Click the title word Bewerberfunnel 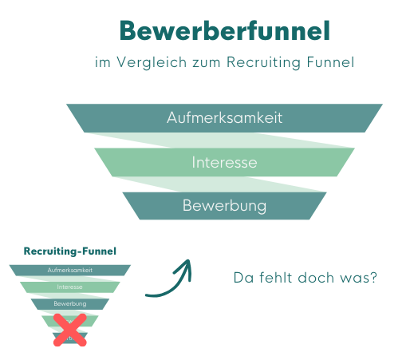click(223, 31)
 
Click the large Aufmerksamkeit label click(224, 118)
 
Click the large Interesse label click(224, 163)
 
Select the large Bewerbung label click(224, 206)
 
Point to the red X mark click(70, 328)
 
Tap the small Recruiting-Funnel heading click(70, 251)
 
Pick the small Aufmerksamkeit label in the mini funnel click(70, 270)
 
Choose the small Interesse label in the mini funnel click(70, 287)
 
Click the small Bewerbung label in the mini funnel click(70, 304)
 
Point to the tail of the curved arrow click(148, 294)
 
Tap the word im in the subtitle click(101, 62)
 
